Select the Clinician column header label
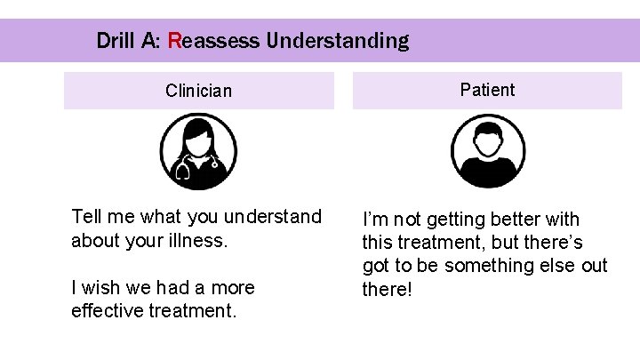(x=198, y=91)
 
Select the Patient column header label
(x=487, y=90)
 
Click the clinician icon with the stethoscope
(x=198, y=152)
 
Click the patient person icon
(x=488, y=152)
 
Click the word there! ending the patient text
(x=388, y=290)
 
